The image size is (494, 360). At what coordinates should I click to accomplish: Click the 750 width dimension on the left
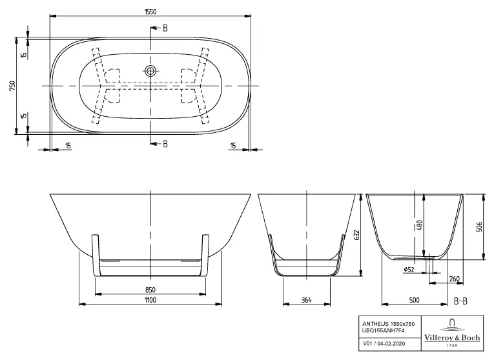point(12,85)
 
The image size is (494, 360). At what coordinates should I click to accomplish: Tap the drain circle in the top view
point(150,70)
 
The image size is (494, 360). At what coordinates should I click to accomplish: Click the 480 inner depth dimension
point(418,225)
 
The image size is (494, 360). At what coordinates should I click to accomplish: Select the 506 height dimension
point(479,226)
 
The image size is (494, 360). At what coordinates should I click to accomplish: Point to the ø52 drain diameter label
point(408,269)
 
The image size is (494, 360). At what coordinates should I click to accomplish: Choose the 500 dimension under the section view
point(413,300)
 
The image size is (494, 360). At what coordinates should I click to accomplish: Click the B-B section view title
point(461,301)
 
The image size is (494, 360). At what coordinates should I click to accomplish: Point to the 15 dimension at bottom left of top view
point(68,146)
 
